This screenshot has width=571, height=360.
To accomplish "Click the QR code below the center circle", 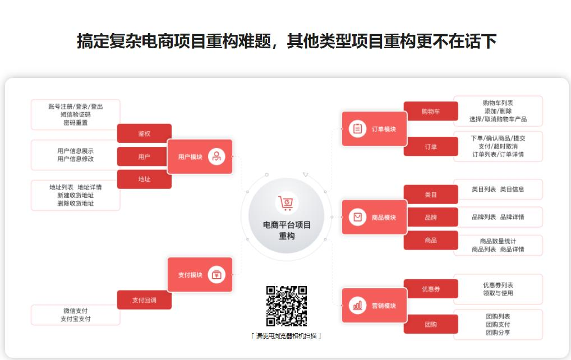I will coord(287,306).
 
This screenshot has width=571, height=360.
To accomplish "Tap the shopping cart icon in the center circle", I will coord(287,203).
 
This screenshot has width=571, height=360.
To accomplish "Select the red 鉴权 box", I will coord(144,133).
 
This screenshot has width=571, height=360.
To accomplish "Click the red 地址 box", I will coord(144,179).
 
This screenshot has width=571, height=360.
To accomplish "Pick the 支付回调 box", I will coord(144,300).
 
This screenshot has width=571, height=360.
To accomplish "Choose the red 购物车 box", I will coord(431,112).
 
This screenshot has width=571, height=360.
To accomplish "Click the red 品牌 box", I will coord(431,217).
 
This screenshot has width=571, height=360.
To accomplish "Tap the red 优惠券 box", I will coord(431,289).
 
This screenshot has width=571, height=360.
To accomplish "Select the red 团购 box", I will coord(431,324).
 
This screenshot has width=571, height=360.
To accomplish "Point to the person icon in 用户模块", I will coord(217,156).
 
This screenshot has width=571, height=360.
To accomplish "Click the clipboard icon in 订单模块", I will coord(357,129).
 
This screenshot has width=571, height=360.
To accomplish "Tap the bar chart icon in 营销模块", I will coord(357,306).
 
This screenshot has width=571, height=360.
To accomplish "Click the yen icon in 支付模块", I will coord(217,275).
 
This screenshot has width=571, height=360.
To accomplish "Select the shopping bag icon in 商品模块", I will coord(357,217).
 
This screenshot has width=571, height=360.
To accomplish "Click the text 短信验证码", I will coord(76,114).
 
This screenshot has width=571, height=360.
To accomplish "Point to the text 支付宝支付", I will coord(76,319).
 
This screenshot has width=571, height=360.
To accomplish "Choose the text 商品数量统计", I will coord(498,241).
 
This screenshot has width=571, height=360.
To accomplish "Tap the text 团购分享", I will coord(498,333).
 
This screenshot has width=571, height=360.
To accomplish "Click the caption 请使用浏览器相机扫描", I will coord(286,336).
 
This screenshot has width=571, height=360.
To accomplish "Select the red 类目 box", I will coord(431,195).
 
